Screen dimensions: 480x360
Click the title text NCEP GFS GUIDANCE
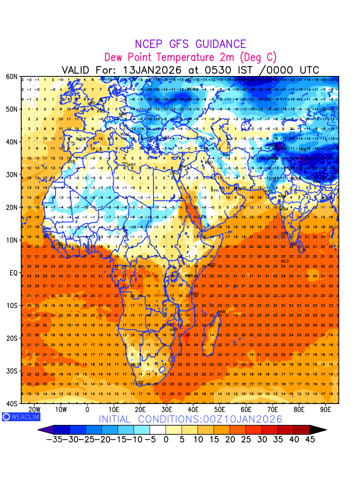[x=190, y=44]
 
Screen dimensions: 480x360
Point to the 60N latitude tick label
[x=12, y=76]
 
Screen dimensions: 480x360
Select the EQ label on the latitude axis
[x=14, y=273]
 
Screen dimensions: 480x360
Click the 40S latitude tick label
[x=12, y=404]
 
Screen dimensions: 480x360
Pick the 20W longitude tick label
[x=34, y=410]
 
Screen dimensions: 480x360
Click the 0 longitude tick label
[x=87, y=410]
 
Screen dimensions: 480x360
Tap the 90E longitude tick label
[x=326, y=410]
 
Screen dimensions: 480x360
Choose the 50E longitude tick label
[x=220, y=410]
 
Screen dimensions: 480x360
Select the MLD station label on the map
[x=285, y=261]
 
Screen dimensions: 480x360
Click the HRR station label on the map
[x=174, y=330]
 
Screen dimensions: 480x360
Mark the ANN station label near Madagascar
[x=222, y=312]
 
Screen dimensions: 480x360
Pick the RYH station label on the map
[x=215, y=190]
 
